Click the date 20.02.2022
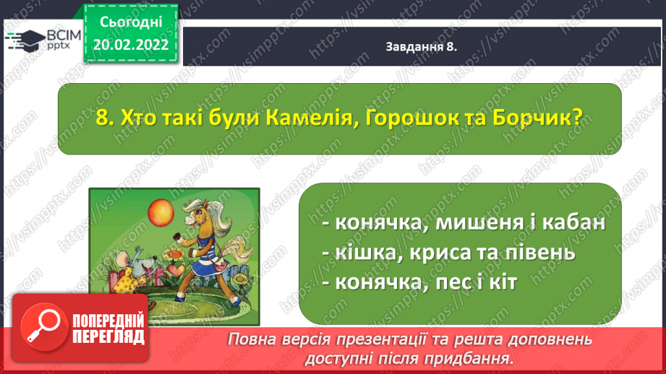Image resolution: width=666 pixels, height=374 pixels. (x=131, y=45)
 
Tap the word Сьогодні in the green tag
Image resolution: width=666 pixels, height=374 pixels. (x=131, y=22)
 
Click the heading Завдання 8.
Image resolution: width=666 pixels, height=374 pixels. (x=421, y=47)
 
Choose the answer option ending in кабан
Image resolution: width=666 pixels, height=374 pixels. (x=464, y=222)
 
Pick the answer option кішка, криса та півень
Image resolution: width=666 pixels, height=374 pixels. (x=449, y=253)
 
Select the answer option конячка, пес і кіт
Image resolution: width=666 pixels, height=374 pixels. (x=419, y=282)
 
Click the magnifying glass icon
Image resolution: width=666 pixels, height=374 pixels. (x=44, y=327)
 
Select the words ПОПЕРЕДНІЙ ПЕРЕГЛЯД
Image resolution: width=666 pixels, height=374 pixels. (x=108, y=329)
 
